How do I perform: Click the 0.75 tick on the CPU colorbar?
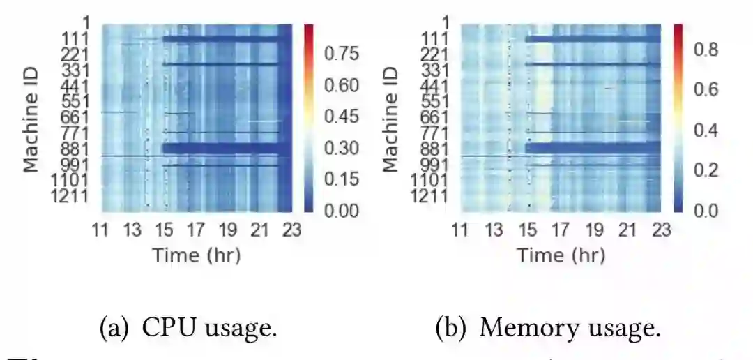click(342, 54)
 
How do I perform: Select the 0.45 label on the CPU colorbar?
click(342, 117)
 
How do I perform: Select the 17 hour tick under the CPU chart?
click(195, 229)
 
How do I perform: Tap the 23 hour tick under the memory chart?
click(660, 229)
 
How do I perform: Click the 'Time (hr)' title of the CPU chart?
click(196, 255)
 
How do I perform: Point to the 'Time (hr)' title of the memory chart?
click(561, 255)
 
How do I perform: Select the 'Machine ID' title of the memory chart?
click(391, 119)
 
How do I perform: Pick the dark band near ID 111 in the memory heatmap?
click(593, 39)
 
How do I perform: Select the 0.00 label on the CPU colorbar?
click(342, 211)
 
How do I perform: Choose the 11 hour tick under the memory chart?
click(459, 229)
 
